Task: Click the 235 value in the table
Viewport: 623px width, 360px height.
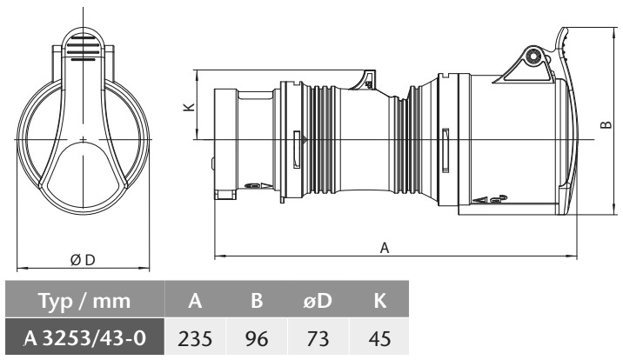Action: (x=195, y=338)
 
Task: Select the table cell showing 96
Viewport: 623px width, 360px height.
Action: (x=257, y=338)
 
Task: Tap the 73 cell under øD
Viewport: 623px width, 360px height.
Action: (x=318, y=338)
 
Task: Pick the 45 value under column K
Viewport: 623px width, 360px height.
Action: (x=379, y=338)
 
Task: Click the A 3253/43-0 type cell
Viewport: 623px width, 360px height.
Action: (x=85, y=338)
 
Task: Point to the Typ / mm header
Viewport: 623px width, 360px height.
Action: (x=84, y=301)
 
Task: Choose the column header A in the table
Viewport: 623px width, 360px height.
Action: (x=195, y=301)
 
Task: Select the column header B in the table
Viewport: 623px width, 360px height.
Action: (x=257, y=301)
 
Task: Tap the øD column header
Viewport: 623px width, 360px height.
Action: (x=318, y=301)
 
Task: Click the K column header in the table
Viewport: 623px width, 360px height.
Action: (x=380, y=301)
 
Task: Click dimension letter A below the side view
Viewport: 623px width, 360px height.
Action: (x=385, y=248)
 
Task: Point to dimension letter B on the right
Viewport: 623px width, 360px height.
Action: (x=606, y=124)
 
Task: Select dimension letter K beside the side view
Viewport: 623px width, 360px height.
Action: (x=189, y=107)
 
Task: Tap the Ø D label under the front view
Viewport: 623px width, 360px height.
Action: (x=83, y=260)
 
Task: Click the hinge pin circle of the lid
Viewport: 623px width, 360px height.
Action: (x=533, y=57)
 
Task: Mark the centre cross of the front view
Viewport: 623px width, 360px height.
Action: (x=83, y=139)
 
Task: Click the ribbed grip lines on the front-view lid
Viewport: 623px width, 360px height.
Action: (x=83, y=48)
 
